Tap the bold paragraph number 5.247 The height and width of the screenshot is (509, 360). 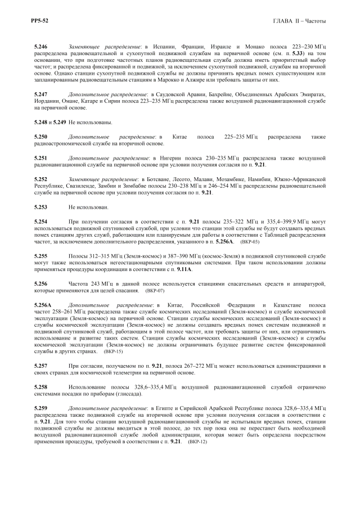pos(40,94)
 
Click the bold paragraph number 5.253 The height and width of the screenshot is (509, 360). pos(40,207)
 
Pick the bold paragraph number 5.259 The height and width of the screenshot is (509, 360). pos(40,408)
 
